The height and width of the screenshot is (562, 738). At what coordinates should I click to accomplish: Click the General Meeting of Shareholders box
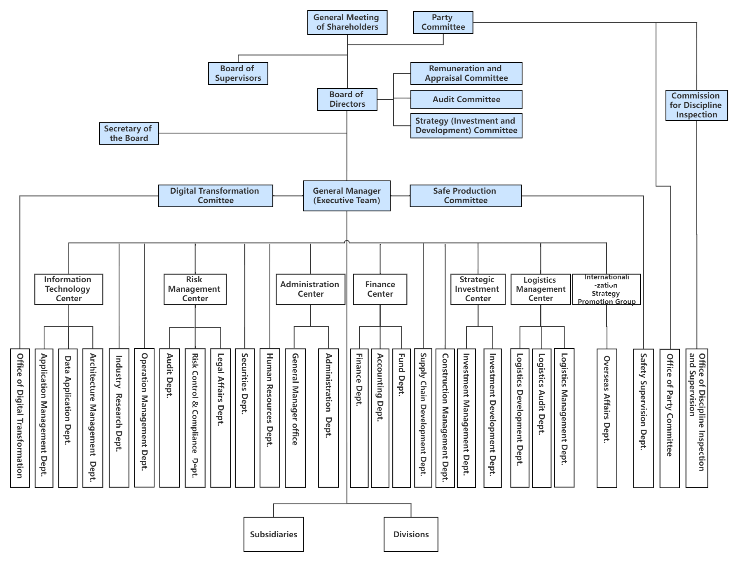347,23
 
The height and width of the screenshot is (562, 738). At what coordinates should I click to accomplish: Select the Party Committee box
443,23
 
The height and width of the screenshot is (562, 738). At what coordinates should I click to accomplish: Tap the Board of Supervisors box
238,74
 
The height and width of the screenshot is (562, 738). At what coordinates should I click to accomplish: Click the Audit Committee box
466,100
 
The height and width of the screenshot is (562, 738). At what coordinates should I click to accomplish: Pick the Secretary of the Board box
129,133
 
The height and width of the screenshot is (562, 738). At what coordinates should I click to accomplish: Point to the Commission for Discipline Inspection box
696,105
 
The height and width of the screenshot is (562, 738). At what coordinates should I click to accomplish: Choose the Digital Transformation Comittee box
216,196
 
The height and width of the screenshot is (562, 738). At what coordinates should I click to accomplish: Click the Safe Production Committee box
465,196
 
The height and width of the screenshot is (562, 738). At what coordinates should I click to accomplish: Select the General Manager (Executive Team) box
347,196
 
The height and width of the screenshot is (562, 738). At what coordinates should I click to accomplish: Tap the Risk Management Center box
195,289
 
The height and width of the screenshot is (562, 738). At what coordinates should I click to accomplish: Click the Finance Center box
380,289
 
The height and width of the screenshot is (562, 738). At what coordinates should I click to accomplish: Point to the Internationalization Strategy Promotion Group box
606,289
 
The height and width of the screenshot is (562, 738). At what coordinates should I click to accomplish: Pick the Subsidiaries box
273,534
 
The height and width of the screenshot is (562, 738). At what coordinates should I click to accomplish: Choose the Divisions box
411,534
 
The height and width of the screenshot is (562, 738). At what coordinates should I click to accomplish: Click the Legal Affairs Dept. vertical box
220,418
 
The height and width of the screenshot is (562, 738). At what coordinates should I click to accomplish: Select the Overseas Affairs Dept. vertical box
607,418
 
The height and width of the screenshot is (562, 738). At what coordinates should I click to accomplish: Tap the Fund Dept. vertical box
401,418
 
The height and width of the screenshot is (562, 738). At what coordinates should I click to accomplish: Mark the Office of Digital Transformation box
20,418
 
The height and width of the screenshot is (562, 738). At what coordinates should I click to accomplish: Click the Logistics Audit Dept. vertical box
541,418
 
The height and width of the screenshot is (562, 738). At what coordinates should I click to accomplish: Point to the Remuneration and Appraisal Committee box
466,74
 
